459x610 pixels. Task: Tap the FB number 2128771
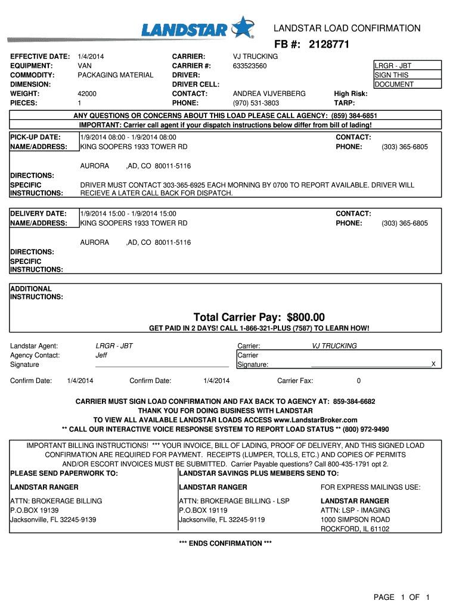[329, 45]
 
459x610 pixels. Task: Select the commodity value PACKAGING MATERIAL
[116, 75]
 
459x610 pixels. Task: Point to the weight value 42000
[87, 94]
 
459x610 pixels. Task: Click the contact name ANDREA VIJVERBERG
[269, 94]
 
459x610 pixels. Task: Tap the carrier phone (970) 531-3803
[255, 103]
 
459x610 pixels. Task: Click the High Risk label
[351, 94]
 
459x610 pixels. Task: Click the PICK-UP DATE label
[36, 138]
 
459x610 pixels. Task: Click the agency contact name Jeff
[101, 355]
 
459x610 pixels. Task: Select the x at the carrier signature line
[433, 363]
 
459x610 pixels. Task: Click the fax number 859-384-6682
[354, 402]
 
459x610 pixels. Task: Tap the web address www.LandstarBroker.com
[315, 420]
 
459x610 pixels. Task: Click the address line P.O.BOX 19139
[35, 511]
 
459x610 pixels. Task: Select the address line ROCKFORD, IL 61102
[355, 529]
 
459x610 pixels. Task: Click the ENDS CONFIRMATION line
[225, 543]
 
